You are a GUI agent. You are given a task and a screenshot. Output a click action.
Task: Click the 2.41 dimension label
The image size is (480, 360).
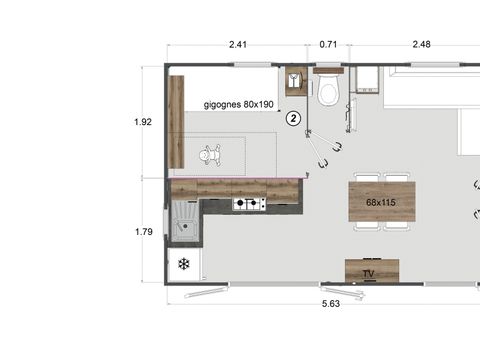pos(237,44)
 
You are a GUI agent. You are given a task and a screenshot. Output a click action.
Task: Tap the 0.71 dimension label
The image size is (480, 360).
pos(328,44)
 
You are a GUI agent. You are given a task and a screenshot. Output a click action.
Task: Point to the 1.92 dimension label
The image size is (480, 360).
pos(143,122)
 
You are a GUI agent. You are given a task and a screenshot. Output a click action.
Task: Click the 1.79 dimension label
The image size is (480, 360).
pos(143,232)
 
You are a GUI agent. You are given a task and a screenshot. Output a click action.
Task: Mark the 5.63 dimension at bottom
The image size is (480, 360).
pos(331,302)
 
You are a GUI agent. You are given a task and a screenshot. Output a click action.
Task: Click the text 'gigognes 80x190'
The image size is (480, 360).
pos(238,104)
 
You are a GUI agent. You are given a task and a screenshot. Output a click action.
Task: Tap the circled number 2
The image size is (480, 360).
pos(293,118)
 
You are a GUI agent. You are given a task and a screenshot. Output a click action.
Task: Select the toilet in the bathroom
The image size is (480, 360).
pos(328,92)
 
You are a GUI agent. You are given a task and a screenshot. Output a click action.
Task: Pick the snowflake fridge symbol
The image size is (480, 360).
pos(184,264)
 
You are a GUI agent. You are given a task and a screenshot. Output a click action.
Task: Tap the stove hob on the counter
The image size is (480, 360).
pos(249,204)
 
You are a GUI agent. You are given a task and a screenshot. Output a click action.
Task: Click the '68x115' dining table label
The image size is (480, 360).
pos(381,203)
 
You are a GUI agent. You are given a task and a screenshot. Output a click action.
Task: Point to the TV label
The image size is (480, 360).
pos(368,271)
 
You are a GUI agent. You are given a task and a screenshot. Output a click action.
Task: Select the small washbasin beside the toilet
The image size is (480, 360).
pos(296,81)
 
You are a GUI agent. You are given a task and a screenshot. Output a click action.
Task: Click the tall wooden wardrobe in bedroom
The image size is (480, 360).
pos(177,121)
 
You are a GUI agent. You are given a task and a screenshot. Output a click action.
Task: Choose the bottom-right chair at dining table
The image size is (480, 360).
pos(397,227)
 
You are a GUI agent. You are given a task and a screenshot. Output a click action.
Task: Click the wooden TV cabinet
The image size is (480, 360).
pos(372,271)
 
